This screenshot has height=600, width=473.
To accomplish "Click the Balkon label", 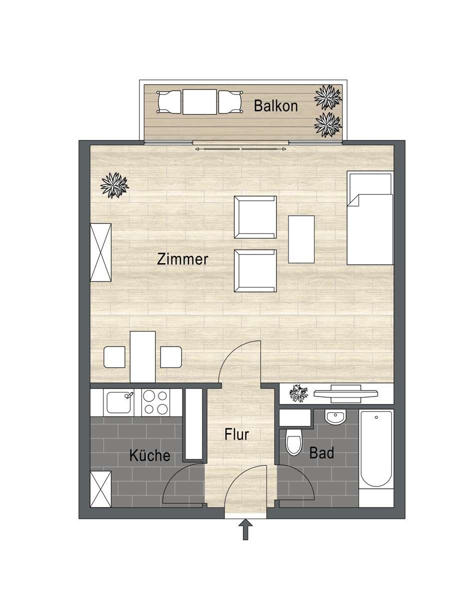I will [x=275, y=106].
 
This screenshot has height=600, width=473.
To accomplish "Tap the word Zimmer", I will [x=182, y=259].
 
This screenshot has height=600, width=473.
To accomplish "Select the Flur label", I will [x=236, y=434].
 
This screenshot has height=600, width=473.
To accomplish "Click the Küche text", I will [x=149, y=455].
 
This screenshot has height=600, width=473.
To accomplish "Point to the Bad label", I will [x=321, y=453].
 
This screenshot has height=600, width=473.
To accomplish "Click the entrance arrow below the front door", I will [x=245, y=530].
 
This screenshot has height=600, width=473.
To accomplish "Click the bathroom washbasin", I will [x=335, y=416].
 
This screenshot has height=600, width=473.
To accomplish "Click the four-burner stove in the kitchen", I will [x=155, y=402].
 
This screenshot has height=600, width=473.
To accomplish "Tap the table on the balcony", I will [x=199, y=101].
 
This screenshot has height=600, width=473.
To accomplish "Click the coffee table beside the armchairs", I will [x=301, y=239].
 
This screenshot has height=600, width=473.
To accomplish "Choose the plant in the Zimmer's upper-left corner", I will [x=114, y=185].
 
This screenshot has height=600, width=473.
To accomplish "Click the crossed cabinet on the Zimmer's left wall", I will [x=100, y=252].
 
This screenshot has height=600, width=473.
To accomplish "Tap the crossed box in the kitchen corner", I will [x=100, y=489].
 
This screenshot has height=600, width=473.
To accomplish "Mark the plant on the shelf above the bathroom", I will [x=300, y=393].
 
